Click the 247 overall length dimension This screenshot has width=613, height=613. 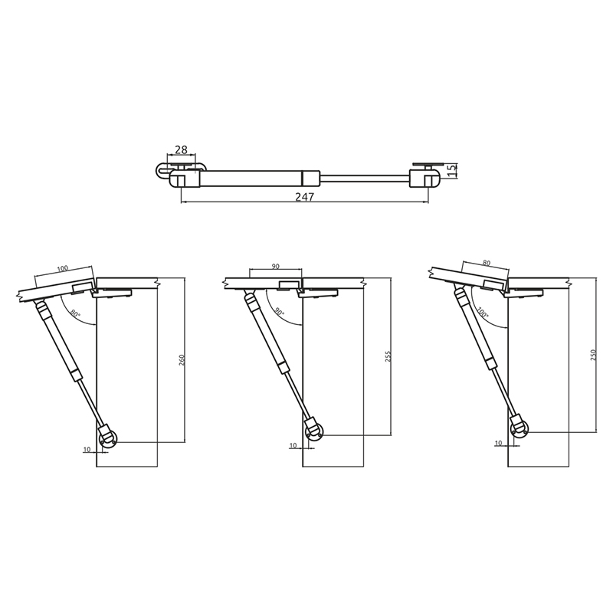tap(304, 197)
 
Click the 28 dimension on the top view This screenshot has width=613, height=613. tap(181, 149)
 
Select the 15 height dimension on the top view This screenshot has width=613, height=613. tap(452, 170)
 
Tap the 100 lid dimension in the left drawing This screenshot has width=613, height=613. tap(63, 268)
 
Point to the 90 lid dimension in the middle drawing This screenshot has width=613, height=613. tap(276, 266)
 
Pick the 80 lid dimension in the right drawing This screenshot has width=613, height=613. tap(487, 263)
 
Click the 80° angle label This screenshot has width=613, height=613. tap(75, 313)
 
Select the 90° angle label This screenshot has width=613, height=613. tap(279, 312)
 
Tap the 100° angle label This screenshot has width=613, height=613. tap(484, 312)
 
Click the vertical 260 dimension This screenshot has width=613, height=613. tap(182, 359)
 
